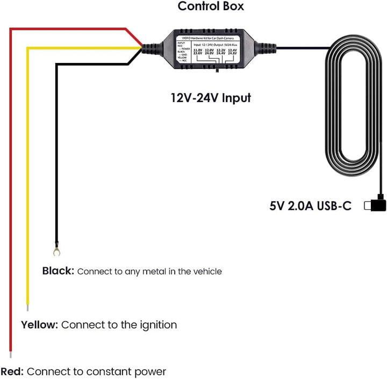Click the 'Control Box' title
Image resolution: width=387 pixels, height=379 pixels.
point(211,6)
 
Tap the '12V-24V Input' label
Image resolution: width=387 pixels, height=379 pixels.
point(211,98)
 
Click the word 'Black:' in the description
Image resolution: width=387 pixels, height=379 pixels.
point(58,271)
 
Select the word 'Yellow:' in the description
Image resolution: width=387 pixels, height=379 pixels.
point(39,325)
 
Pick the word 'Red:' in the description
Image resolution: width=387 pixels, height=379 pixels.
point(12,371)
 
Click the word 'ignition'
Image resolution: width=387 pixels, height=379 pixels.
point(156,325)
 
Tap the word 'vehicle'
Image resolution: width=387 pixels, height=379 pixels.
point(205,271)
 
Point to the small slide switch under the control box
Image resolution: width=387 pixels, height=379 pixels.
point(216,70)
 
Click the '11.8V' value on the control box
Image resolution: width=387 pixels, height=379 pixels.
point(198,50)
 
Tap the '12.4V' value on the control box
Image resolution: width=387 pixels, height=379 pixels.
point(232,50)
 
